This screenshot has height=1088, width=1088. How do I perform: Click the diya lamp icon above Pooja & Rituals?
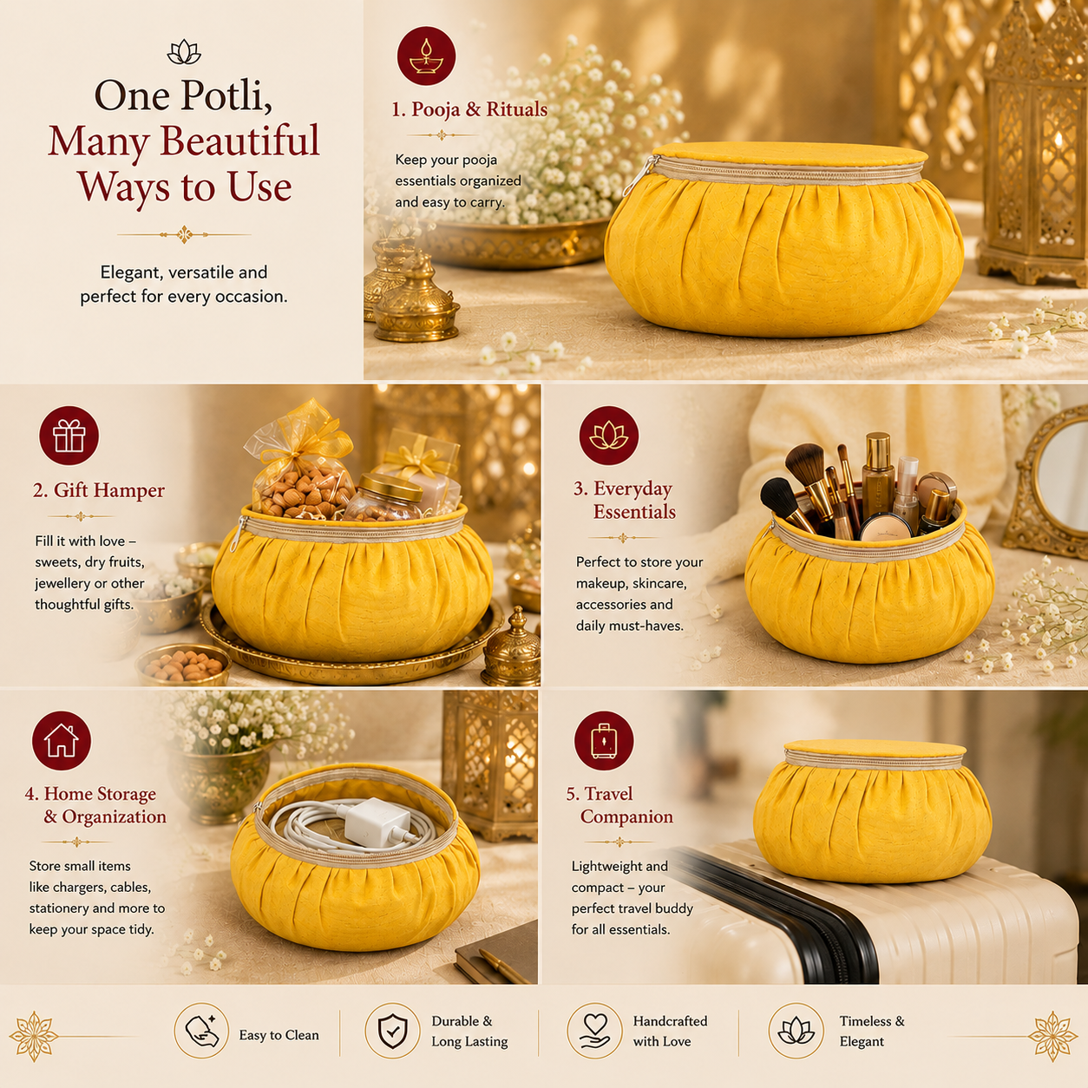coord(426,56)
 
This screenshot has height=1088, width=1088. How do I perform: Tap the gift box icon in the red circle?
coord(69,436)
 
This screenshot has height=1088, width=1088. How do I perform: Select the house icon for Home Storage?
coord(62,740)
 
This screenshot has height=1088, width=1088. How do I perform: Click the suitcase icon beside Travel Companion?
coord(604,741)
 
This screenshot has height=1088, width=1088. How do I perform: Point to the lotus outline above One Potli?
coord(184,52)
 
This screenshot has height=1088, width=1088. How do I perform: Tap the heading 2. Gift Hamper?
coord(99,490)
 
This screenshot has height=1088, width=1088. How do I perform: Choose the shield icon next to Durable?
coord(392,1031)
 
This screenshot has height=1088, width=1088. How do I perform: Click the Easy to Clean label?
coord(279,1035)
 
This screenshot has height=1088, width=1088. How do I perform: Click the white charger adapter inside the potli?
coord(368,816)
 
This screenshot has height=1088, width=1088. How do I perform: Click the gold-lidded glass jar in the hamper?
coord(384,497)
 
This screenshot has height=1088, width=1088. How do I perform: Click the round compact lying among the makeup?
coord(884,528)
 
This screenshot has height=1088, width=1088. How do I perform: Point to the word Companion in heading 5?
coord(626,816)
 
